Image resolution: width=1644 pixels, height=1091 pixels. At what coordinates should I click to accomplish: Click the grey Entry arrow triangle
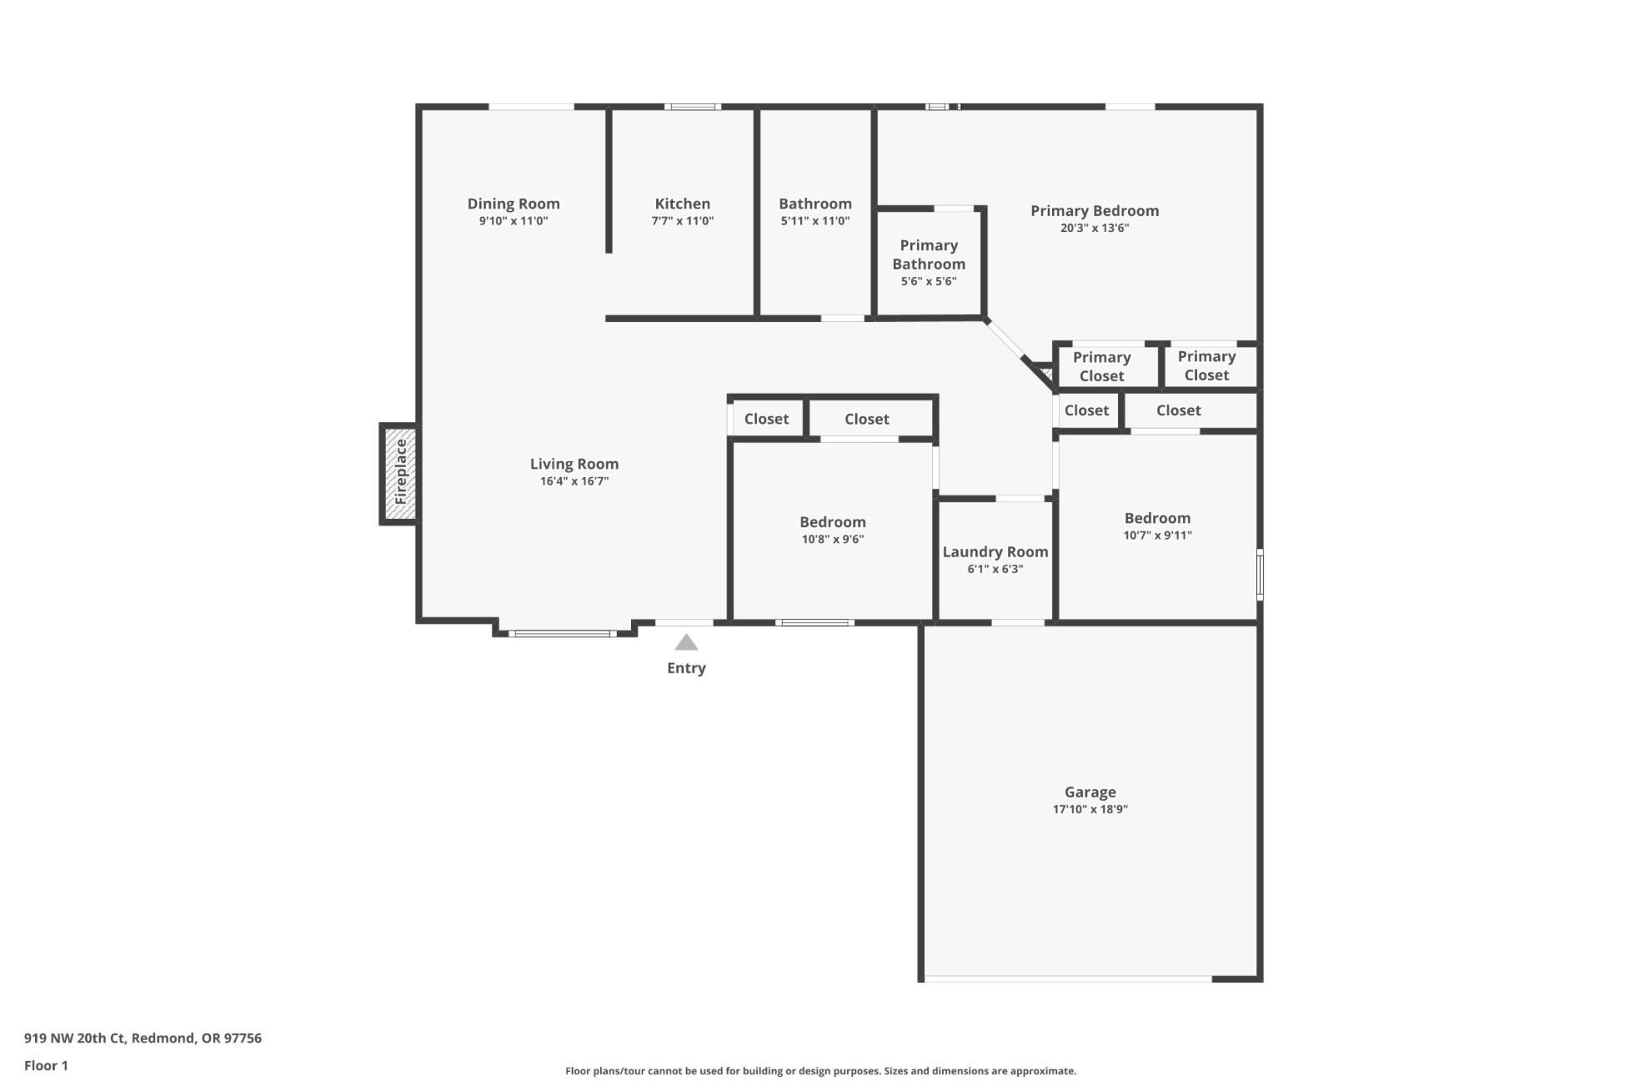(685, 642)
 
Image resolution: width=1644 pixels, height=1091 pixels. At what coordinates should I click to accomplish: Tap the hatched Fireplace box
(400, 473)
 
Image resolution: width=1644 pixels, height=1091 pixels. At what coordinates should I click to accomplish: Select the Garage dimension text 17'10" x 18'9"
(1090, 809)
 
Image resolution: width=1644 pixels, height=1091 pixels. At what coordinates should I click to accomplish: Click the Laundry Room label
(995, 551)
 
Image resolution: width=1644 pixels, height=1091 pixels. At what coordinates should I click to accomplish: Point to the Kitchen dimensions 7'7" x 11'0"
(682, 221)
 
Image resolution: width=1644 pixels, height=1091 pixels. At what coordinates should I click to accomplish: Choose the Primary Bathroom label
(928, 254)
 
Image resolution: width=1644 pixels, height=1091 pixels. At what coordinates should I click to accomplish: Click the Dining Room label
(513, 204)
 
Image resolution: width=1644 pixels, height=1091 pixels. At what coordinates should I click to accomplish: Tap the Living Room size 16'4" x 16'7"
(574, 481)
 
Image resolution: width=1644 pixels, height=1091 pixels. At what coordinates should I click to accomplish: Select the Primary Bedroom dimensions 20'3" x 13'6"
(1094, 228)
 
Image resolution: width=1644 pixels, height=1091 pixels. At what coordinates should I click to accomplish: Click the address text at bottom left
(143, 1038)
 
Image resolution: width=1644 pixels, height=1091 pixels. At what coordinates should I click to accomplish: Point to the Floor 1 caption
(46, 1065)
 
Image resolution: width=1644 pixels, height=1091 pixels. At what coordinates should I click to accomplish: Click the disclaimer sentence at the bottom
(820, 1071)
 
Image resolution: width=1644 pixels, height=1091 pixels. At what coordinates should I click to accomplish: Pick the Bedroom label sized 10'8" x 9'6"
(832, 522)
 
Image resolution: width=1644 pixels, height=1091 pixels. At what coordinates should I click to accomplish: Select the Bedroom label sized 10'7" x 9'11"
(1156, 518)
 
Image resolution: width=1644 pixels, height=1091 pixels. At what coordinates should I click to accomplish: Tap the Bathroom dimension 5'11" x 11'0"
(814, 221)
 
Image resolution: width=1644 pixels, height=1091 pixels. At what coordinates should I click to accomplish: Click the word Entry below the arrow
(685, 668)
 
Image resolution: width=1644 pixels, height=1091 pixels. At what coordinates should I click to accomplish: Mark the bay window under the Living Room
(563, 634)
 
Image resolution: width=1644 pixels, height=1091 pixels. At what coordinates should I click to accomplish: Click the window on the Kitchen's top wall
(692, 107)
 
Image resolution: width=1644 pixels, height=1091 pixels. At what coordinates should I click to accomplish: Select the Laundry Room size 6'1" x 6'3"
(995, 569)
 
